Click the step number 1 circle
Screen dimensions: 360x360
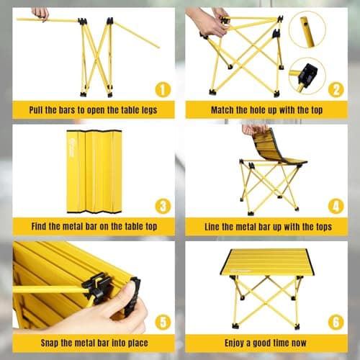tap(163, 90)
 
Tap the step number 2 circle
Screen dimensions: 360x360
tap(336, 90)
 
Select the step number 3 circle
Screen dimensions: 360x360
tap(163, 206)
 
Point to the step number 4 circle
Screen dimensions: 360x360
tap(336, 206)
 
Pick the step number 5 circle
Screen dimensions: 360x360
tap(163, 322)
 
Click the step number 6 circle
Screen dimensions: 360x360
tap(336, 322)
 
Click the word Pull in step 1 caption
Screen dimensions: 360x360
tap(36, 110)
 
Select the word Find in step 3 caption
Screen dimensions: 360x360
tap(39, 226)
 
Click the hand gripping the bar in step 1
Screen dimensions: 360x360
tap(40, 14)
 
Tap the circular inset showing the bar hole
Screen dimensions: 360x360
tap(307, 30)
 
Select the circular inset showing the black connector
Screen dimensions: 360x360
tap(307, 76)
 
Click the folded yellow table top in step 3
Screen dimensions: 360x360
tap(94, 171)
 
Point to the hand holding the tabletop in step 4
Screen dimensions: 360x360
tap(254, 130)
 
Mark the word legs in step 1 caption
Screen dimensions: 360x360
tap(149, 110)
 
